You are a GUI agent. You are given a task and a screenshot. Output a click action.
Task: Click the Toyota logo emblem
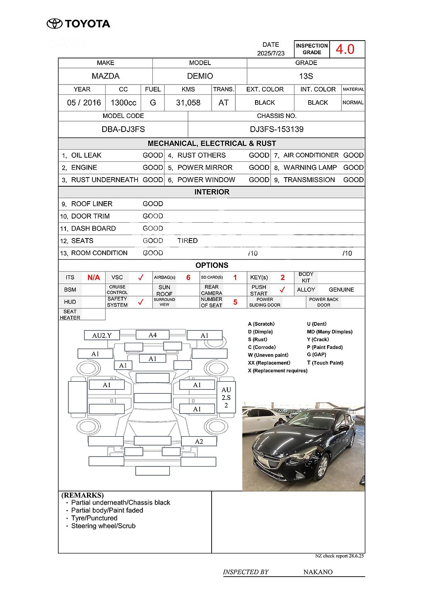point(54,24)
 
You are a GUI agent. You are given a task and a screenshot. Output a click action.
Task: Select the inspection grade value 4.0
point(344,49)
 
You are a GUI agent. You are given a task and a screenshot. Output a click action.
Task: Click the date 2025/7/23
point(271,53)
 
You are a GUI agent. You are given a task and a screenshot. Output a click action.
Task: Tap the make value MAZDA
point(106,76)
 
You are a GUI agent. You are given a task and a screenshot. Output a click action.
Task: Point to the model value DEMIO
point(200,76)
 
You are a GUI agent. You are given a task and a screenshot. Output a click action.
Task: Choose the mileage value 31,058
point(188,103)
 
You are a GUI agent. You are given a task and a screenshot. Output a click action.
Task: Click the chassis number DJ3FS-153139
point(277,129)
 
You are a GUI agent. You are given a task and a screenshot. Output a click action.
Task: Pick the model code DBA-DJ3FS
point(123,129)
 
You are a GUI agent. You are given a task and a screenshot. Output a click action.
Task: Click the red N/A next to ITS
point(94,277)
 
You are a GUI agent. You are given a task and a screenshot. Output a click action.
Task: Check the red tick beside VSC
point(140,277)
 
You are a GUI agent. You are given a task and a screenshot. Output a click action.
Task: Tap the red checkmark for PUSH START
point(282,289)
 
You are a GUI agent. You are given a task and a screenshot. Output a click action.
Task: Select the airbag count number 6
point(188,277)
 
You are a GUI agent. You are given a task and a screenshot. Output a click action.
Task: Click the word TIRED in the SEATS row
point(188,241)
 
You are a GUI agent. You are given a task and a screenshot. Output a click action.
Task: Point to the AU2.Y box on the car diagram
point(102,335)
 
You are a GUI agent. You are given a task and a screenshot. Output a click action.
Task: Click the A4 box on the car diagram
point(152,335)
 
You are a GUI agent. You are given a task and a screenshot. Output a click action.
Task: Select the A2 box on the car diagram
point(199,441)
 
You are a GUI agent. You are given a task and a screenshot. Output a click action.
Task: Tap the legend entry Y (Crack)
point(318,339)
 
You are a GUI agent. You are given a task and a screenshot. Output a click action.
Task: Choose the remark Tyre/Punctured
point(94,518)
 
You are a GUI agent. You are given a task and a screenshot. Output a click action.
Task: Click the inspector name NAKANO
point(318,572)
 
